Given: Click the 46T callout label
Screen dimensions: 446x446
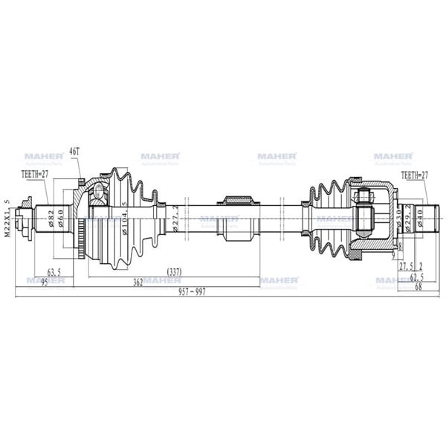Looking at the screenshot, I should tap(74, 152).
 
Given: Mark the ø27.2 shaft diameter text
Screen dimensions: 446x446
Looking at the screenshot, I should tap(175, 219).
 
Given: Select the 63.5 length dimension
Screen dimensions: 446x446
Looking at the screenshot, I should tap(54, 273).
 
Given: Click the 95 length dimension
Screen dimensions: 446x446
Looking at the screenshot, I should tap(44, 282).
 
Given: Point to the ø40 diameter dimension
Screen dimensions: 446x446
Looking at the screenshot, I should tap(421, 218).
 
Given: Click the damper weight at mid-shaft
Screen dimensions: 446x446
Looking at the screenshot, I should tap(238, 218).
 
